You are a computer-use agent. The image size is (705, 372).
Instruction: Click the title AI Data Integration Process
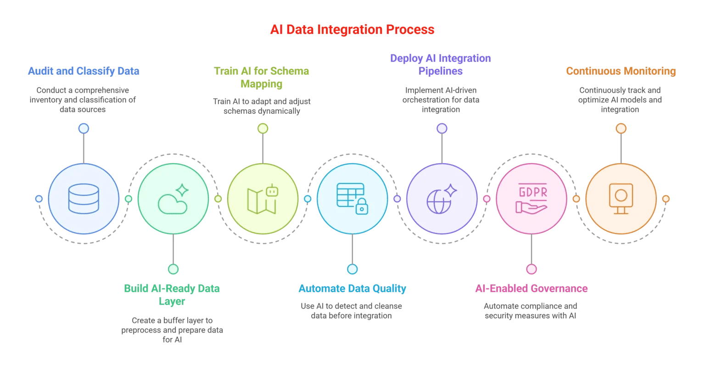[352, 30]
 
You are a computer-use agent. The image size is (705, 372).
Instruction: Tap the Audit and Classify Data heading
[84, 71]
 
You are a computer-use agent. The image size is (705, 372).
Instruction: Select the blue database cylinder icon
[84, 199]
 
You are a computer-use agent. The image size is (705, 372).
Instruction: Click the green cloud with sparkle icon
[173, 199]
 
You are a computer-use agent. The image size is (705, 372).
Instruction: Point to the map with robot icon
[263, 199]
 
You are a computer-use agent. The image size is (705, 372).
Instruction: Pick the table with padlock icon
[352, 199]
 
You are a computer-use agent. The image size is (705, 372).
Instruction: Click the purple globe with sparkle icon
[442, 199]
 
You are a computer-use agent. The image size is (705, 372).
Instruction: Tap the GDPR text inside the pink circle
[532, 192]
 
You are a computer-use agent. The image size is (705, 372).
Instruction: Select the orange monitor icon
[621, 199]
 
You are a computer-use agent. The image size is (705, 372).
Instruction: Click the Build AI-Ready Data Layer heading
[172, 294]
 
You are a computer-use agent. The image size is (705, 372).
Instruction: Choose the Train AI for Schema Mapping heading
[262, 78]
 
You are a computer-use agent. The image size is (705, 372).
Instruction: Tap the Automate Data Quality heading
[352, 289]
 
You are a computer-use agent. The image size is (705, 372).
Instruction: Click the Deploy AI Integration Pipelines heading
[441, 65]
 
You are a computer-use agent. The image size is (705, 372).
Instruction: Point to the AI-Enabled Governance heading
[531, 289]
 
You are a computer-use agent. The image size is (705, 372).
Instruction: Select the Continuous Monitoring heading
[621, 71]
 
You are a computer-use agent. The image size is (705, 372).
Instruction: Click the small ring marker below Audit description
[84, 128]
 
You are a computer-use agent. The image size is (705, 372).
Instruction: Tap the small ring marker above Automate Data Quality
[352, 269]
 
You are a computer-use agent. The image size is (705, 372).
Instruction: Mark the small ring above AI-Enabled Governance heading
[531, 269]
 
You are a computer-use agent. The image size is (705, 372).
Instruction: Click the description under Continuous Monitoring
[621, 100]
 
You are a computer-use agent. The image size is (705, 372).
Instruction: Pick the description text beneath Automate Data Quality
[352, 311]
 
